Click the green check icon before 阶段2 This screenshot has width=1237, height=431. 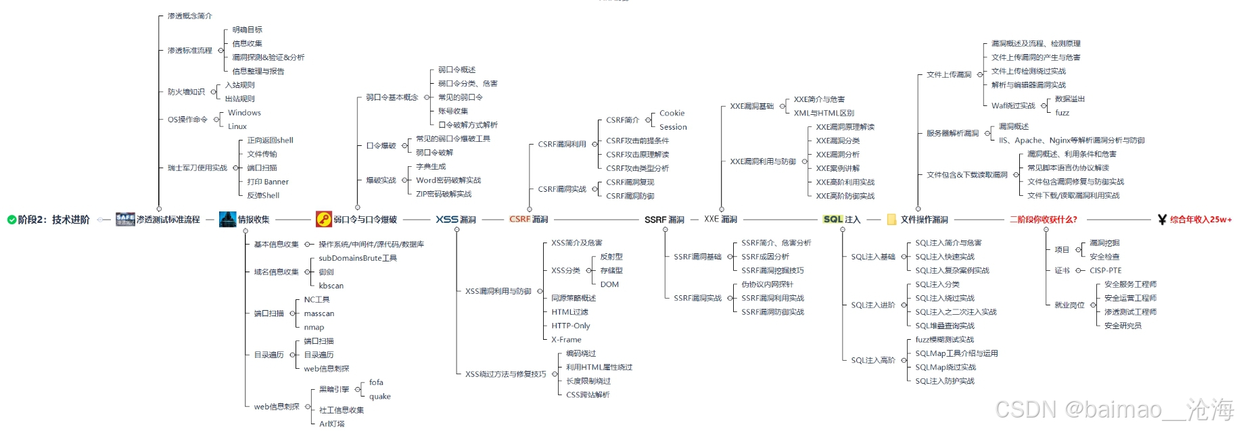click(x=11, y=220)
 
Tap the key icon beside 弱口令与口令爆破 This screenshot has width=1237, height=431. click(x=323, y=219)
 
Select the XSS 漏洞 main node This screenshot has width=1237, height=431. click(x=455, y=220)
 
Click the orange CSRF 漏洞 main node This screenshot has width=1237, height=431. click(x=528, y=220)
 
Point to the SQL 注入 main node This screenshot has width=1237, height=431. click(x=841, y=220)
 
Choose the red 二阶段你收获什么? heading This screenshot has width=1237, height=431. click(x=1043, y=220)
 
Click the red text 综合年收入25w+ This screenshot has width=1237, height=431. click(x=1200, y=220)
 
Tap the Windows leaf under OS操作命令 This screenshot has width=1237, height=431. click(x=244, y=113)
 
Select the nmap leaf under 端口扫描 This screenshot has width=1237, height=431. click(x=314, y=328)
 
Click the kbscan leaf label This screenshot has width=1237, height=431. click(x=331, y=286)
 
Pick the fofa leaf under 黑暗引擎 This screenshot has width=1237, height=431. click(x=376, y=382)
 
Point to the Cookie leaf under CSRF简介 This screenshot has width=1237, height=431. click(x=672, y=113)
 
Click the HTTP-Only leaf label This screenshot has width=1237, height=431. click(x=570, y=326)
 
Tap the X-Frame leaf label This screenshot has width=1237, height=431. click(x=566, y=340)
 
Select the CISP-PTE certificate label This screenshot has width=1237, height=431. click(x=1105, y=270)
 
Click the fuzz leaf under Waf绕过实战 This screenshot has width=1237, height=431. click(x=1062, y=113)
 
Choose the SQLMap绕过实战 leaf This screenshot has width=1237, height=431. click(x=945, y=367)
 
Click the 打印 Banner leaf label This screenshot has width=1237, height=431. click(x=268, y=182)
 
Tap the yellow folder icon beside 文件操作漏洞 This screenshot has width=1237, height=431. click(x=891, y=220)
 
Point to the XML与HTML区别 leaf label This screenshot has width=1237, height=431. click(x=824, y=113)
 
